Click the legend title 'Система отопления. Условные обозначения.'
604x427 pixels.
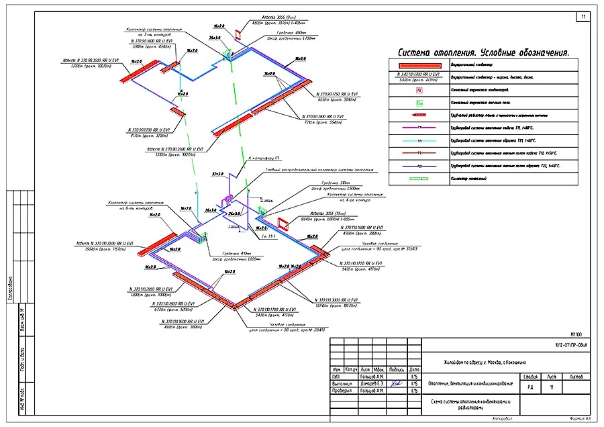[x=483, y=52]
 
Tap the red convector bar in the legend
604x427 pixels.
[x=418, y=65]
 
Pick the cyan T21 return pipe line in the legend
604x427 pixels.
[x=419, y=141]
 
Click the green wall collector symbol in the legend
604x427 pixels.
[x=419, y=179]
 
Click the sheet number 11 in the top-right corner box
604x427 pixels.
[x=583, y=16]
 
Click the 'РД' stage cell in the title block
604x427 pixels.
[x=530, y=387]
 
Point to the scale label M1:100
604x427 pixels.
[x=576, y=334]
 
